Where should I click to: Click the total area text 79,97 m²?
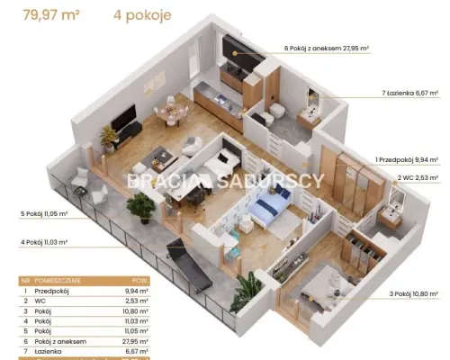(51, 14)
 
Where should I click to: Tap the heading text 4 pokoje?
(142, 15)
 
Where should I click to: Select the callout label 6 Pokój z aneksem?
(313, 48)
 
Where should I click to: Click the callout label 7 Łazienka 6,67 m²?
(410, 93)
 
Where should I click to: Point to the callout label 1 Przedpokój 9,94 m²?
(407, 160)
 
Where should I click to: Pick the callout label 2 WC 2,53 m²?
(418, 177)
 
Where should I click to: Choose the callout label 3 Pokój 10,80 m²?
(414, 294)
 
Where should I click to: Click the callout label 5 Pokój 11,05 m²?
(44, 214)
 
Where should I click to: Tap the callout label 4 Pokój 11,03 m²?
(44, 242)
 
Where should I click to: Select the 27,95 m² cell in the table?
(135, 341)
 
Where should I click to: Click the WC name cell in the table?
(40, 301)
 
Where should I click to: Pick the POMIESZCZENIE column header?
(58, 281)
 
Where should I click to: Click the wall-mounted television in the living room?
(123, 117)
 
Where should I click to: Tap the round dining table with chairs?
(171, 113)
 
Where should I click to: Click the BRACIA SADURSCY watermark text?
(226, 181)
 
